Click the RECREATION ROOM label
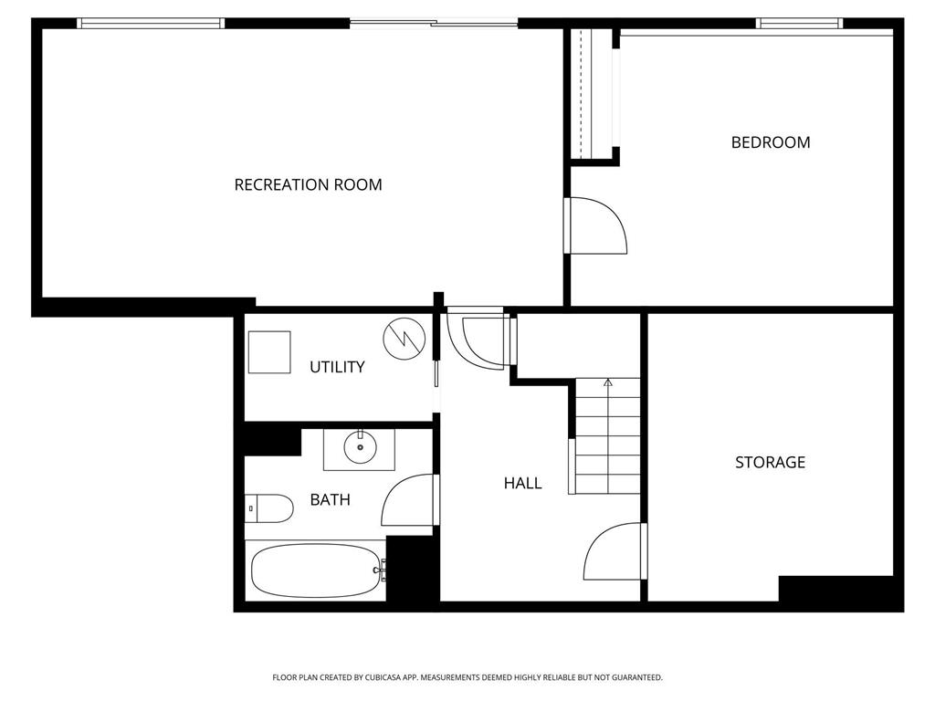[308, 184]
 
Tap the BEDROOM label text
[771, 142]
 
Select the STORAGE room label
[770, 462]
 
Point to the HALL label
[522, 483]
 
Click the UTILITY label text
[337, 367]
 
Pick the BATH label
[330, 499]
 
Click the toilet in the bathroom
[269, 508]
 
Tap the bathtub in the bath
[317, 571]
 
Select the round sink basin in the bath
[360, 447]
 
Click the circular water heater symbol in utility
[404, 339]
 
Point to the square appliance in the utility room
[269, 352]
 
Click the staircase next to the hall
[607, 435]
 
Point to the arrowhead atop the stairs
[607, 382]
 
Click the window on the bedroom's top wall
[799, 24]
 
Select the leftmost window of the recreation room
[151, 24]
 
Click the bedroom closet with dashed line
[591, 93]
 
